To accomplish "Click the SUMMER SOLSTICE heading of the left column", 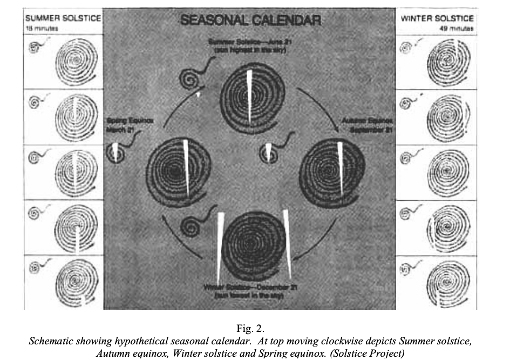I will point(63,18).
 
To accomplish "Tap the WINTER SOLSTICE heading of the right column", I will point(437,18).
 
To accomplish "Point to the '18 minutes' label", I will point(42,28).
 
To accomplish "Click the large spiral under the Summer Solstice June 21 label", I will point(248,96).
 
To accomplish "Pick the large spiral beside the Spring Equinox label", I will point(175,169).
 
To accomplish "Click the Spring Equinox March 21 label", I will point(129,125).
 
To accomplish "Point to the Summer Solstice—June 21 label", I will point(249,46).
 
